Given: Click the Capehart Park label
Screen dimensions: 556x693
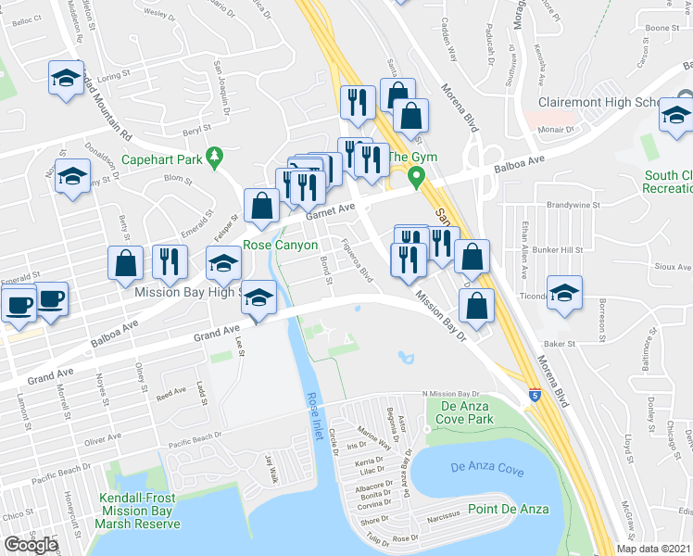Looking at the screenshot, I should pos(161,158).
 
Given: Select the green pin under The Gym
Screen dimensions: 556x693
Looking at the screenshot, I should pos(417,176).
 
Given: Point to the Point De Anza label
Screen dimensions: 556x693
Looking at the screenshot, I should pos(508,509).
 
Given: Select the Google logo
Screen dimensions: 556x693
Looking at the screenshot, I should pos(31,545).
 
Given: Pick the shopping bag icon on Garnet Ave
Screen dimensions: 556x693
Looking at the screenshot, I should pos(262,207).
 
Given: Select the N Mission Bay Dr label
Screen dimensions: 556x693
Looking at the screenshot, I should pos(455,394).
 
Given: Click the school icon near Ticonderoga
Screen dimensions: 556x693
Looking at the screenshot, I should pos(563,295).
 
